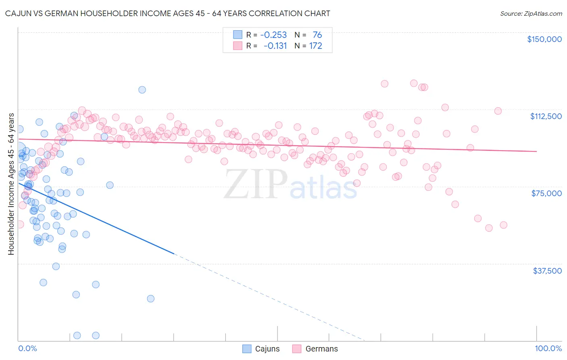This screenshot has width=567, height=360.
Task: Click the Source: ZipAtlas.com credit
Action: (x=531, y=13)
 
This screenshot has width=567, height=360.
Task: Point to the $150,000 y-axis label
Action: (x=544, y=39)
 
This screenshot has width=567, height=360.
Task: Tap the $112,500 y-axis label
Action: (x=546, y=116)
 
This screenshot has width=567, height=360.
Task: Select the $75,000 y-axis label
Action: (x=546, y=193)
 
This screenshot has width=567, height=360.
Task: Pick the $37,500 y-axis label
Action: (x=547, y=271)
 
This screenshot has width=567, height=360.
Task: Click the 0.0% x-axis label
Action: (x=27, y=348)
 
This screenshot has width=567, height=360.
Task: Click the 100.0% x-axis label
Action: (x=548, y=348)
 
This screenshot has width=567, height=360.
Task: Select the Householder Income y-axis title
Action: (x=11, y=184)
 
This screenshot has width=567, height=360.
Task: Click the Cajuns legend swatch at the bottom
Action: (x=247, y=349)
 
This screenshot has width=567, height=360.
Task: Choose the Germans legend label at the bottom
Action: (x=321, y=349)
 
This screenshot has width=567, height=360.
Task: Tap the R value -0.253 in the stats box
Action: (x=273, y=35)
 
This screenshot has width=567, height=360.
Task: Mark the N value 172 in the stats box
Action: (x=315, y=46)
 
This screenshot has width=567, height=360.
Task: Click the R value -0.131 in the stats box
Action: (x=275, y=46)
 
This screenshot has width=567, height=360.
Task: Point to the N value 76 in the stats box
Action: (x=317, y=35)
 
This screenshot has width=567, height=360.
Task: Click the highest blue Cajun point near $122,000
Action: (x=142, y=90)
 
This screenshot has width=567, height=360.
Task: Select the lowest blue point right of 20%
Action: (x=150, y=299)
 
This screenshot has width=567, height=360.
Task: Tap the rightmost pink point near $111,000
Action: (x=498, y=111)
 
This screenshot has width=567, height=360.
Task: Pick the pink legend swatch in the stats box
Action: (x=238, y=46)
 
